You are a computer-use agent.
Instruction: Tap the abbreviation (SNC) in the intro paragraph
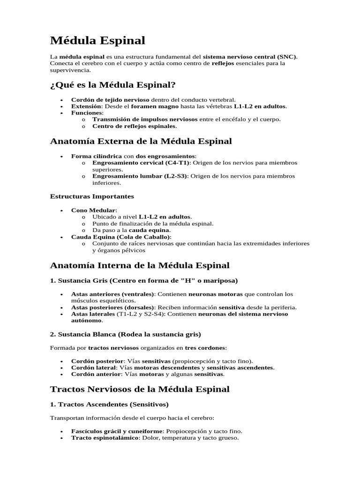(287, 57)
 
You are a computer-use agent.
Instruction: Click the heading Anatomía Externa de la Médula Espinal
(141, 141)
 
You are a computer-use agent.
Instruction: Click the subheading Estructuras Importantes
(92, 196)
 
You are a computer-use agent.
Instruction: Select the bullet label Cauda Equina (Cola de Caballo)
(120, 237)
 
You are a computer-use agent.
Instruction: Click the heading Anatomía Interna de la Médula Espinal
(140, 265)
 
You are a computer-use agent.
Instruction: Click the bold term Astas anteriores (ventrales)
(112, 294)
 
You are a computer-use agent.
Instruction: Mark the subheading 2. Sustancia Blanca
(86, 334)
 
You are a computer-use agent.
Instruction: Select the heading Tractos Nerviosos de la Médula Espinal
(140, 389)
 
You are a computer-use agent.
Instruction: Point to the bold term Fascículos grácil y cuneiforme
(116, 431)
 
